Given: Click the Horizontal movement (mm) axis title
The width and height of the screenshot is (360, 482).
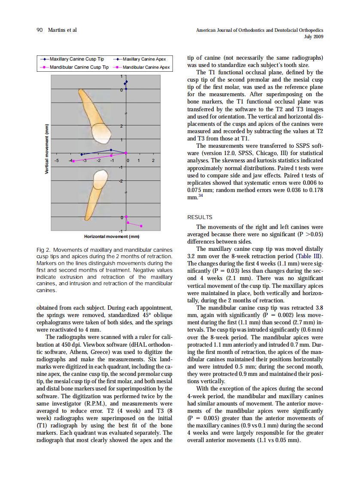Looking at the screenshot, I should tap(112, 236).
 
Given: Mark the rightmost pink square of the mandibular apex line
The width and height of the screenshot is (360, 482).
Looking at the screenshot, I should tap(141, 226).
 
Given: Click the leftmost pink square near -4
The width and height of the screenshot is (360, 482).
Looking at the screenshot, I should tap(73, 161).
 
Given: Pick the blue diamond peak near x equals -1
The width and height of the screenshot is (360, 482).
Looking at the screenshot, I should tap(111, 150).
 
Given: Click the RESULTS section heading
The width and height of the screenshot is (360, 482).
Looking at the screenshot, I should tap(200, 217).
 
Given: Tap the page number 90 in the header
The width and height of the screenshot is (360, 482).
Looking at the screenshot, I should tap(40, 30).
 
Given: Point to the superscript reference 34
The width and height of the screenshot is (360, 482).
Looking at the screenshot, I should tap(201, 196).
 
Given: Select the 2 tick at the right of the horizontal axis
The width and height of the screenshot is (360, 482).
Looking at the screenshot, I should tap(153, 160).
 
